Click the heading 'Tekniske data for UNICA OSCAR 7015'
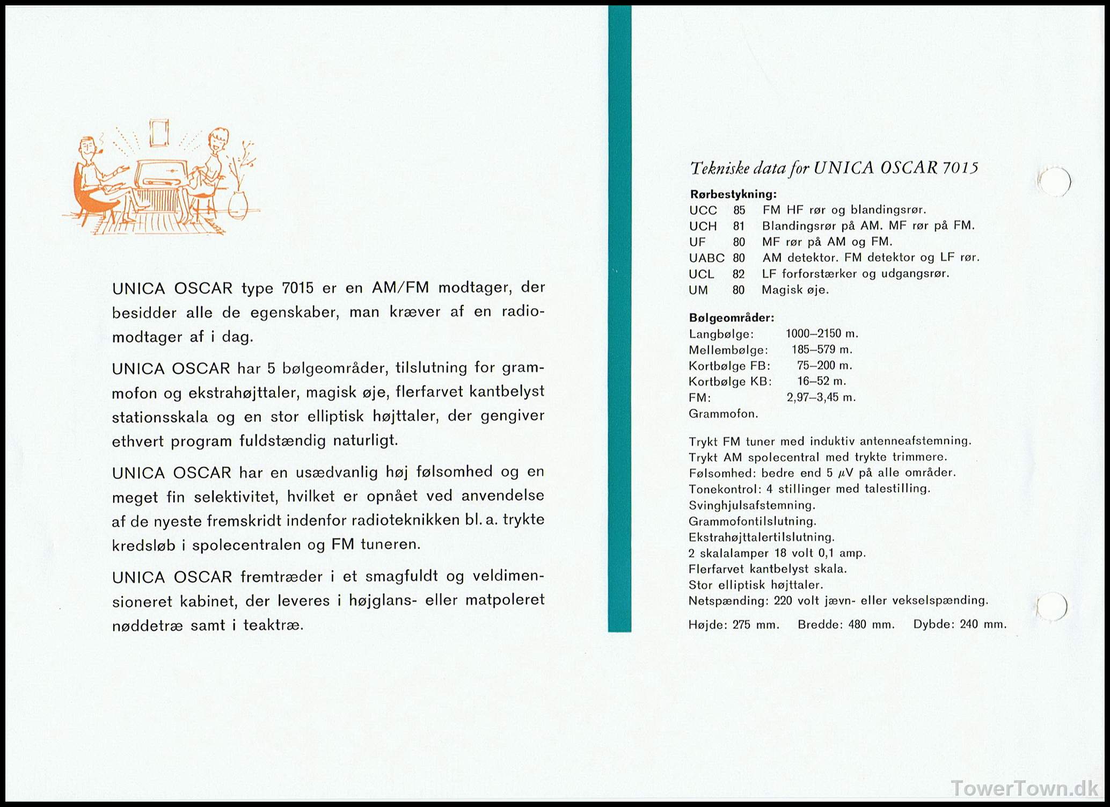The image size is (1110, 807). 834,169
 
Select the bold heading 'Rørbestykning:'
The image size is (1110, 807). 733,194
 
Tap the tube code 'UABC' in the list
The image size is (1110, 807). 706,258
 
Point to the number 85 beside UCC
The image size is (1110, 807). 739,210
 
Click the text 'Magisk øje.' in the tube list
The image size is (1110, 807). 795,290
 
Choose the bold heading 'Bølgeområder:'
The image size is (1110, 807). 732,318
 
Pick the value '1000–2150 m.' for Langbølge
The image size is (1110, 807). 822,334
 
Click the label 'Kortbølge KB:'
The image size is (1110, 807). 730,382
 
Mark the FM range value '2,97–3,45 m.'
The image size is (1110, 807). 821,398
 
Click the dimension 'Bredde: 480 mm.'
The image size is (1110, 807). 846,624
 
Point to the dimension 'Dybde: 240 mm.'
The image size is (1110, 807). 960,624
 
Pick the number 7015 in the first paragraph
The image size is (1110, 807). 297,288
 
